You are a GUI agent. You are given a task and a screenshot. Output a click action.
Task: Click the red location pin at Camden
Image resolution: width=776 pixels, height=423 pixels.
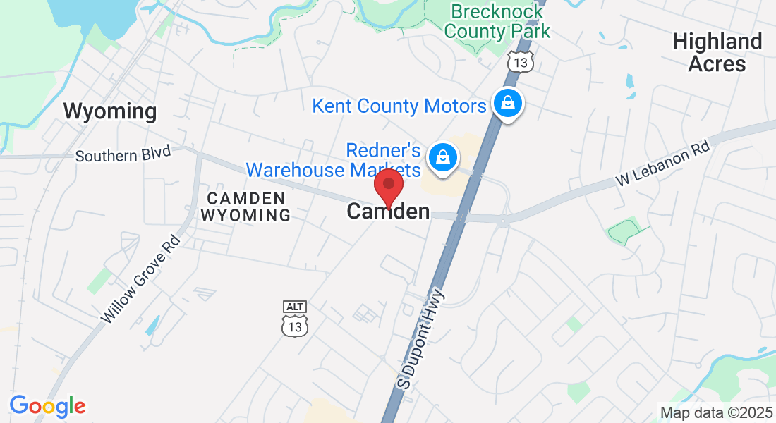(x=388, y=187)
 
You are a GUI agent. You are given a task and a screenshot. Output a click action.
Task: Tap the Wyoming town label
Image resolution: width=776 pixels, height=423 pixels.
(x=109, y=111)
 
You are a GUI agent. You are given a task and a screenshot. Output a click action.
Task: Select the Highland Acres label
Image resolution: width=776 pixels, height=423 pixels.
(x=717, y=52)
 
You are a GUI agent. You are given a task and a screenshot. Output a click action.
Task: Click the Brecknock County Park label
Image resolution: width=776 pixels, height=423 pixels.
(x=497, y=21)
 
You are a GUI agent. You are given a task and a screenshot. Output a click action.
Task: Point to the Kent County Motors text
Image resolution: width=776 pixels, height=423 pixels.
(x=399, y=106)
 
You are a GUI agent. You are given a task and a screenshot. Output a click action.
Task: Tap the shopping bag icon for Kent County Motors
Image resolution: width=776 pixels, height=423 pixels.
(x=507, y=104)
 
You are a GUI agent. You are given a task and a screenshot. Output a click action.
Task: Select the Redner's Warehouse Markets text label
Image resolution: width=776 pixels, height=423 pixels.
(x=333, y=160)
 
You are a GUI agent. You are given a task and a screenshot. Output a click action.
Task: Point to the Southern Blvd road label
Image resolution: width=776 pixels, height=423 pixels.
(x=123, y=154)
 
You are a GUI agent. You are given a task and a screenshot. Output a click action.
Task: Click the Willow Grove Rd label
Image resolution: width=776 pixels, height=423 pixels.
(x=141, y=279)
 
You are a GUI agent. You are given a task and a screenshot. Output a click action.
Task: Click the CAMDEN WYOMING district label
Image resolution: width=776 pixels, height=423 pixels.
(x=245, y=207)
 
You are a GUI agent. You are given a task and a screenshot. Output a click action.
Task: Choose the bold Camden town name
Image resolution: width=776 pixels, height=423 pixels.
(x=388, y=211)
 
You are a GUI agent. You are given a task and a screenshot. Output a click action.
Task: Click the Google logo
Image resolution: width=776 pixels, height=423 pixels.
(x=47, y=406)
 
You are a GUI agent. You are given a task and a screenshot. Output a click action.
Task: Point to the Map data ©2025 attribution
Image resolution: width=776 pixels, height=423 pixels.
(x=716, y=412)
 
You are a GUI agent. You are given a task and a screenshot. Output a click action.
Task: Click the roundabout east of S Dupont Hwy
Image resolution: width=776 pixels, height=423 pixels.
(x=502, y=221)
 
